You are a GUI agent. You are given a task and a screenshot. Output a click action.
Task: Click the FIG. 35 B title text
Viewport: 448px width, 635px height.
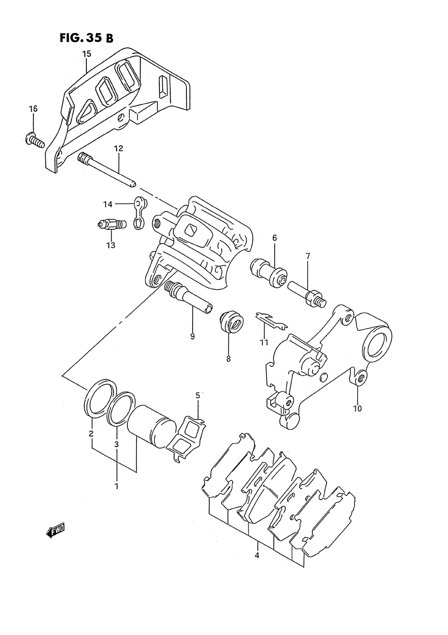click(x=86, y=38)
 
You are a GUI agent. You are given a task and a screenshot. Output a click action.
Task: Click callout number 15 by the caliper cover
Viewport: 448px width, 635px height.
click(x=87, y=54)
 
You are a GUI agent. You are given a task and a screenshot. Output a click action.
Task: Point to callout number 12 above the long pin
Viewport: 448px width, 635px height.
click(x=119, y=148)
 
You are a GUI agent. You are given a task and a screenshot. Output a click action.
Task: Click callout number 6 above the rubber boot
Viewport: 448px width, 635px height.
click(x=274, y=238)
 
